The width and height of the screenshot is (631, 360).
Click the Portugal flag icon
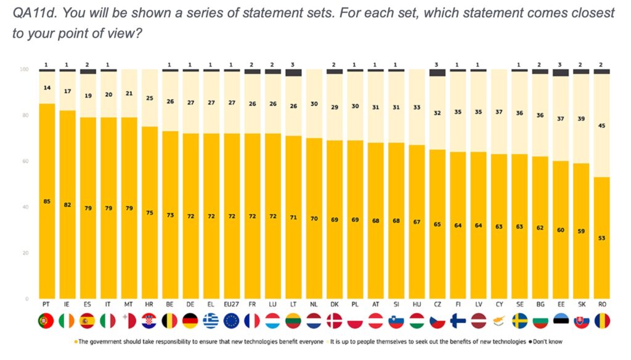pyautogui.click(x=47, y=321)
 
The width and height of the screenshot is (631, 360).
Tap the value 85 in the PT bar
pyautogui.click(x=47, y=202)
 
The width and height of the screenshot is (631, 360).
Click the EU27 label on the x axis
pyautogui.click(x=232, y=304)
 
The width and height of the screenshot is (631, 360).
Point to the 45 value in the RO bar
pyautogui.click(x=601, y=125)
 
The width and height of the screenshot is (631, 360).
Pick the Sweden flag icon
pyautogui.click(x=519, y=321)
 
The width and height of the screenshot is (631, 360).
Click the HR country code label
pyautogui.click(x=150, y=304)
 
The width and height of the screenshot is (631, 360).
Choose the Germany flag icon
pyautogui.click(x=190, y=321)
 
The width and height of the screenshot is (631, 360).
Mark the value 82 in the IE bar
pyautogui.click(x=67, y=205)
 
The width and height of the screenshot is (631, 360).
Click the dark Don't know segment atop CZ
pyautogui.click(x=437, y=73)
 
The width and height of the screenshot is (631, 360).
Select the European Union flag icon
pyautogui.click(x=232, y=321)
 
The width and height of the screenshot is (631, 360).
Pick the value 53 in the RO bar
pyautogui.click(x=601, y=238)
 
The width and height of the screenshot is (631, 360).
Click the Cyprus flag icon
pyautogui.click(x=499, y=321)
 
